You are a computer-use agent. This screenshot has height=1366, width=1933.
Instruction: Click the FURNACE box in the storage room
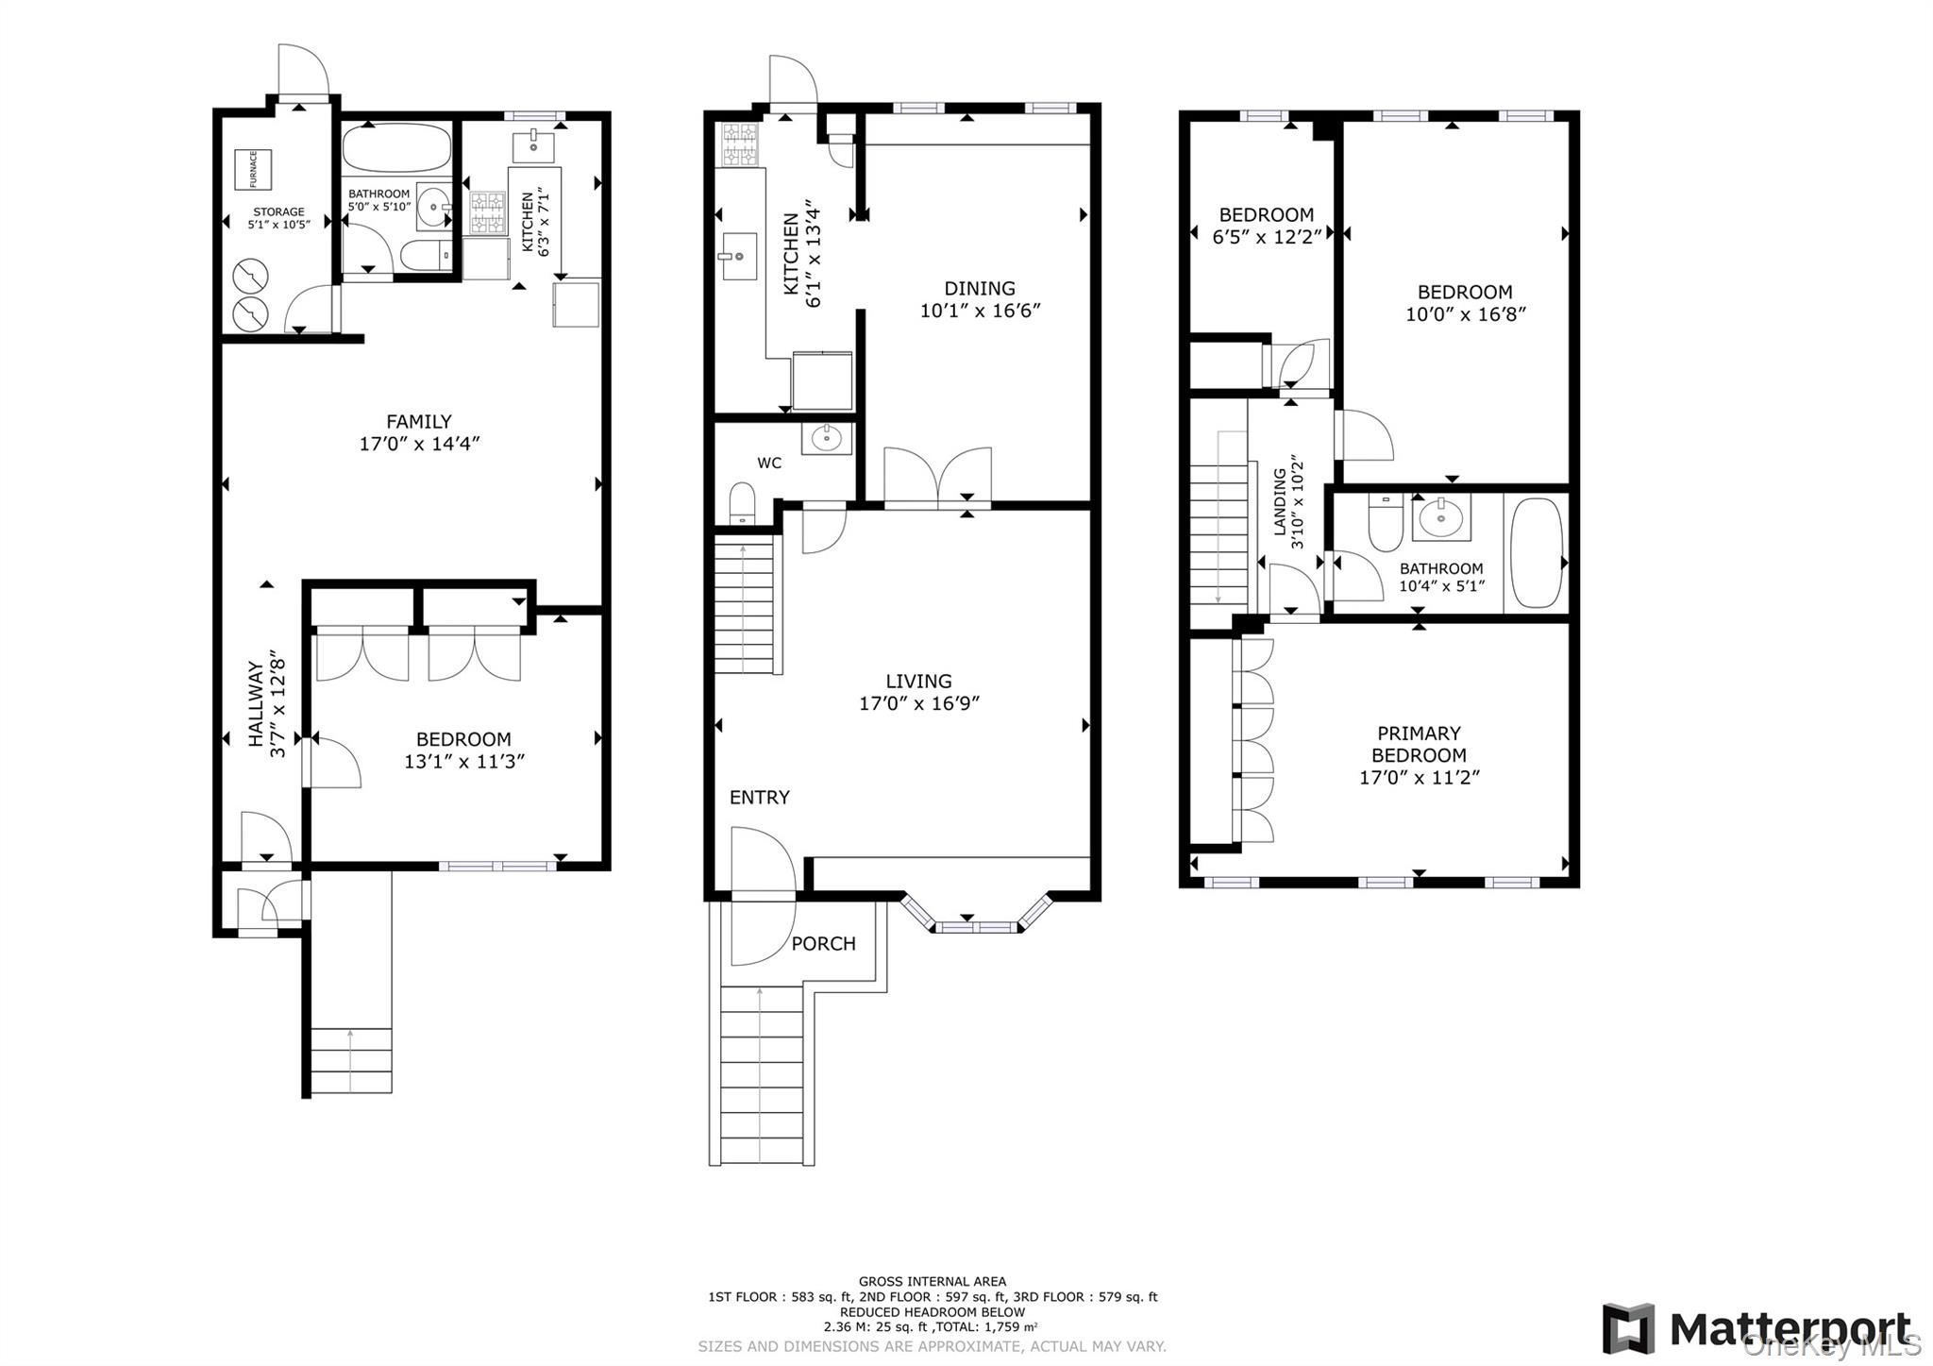[x=253, y=169]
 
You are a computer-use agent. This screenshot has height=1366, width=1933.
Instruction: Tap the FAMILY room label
[x=419, y=422]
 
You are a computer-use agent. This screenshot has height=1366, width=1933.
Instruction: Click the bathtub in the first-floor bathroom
[x=396, y=148]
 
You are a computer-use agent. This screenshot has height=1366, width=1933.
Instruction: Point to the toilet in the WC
[x=743, y=502]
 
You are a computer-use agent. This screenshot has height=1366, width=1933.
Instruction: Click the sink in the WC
[x=827, y=437]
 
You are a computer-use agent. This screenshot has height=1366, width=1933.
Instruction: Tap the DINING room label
[x=980, y=289]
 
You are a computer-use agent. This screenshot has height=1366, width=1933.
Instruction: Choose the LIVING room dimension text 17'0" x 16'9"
[x=919, y=703]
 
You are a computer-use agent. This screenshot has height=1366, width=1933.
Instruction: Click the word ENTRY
[x=760, y=798]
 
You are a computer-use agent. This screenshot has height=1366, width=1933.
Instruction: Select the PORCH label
[x=824, y=944]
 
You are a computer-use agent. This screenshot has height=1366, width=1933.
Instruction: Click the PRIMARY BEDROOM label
[x=1419, y=744]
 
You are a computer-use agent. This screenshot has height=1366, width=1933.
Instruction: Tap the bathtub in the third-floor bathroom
[x=1537, y=553]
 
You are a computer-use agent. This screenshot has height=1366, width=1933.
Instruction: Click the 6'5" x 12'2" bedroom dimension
[x=1267, y=237]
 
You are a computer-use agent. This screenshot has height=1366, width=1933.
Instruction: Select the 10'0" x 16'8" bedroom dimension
[x=1465, y=314]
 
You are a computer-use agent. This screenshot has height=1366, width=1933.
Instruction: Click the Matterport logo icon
[x=1628, y=1328]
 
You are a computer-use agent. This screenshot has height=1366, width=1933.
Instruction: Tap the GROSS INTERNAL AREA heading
[x=933, y=1282]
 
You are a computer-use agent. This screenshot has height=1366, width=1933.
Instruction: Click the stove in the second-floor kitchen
[x=740, y=144]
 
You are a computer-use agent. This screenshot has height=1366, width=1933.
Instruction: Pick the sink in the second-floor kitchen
[x=740, y=256]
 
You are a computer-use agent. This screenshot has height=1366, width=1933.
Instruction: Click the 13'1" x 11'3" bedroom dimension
[x=464, y=762]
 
